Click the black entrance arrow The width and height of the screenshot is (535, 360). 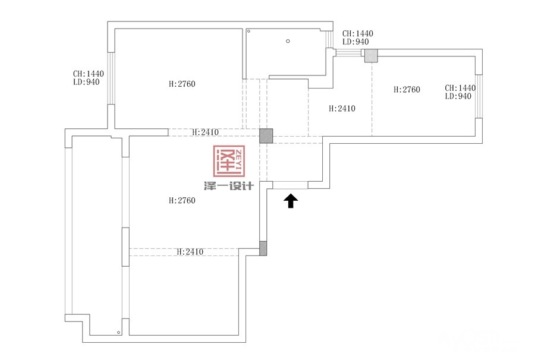(291, 201)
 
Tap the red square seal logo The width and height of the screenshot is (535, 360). (229, 161)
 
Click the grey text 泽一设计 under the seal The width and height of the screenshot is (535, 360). (229, 185)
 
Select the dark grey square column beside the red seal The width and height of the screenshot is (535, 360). (266, 135)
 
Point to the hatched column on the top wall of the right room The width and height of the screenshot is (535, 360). (371, 56)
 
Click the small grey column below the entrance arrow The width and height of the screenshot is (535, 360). (263, 248)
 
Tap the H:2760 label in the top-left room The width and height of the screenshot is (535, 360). (182, 84)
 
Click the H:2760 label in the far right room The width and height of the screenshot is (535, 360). (407, 90)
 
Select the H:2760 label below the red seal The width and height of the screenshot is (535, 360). (182, 200)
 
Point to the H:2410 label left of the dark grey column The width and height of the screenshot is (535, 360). (205, 132)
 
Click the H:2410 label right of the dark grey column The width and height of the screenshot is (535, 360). (342, 109)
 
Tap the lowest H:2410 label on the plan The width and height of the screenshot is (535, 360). (190, 252)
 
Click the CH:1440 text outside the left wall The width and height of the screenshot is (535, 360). (89, 74)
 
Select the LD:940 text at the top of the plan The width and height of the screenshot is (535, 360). (355, 42)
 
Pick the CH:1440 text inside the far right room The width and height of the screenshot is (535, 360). (460, 88)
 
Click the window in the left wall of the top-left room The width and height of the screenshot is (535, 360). (111, 78)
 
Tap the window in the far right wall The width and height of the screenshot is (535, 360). (479, 96)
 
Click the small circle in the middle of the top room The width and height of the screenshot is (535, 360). (288, 41)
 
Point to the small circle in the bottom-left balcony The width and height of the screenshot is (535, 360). (118, 332)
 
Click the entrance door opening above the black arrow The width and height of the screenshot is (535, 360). (290, 185)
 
